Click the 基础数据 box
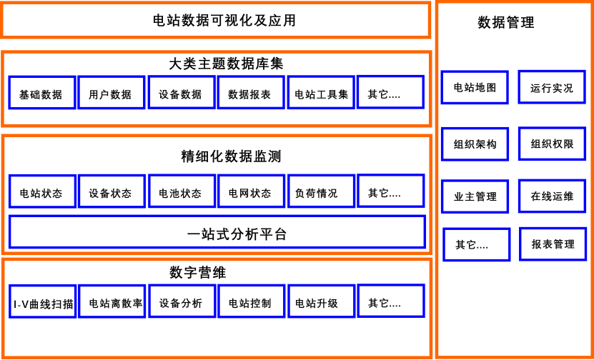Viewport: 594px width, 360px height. (x=42, y=93)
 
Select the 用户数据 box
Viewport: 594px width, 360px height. (x=112, y=93)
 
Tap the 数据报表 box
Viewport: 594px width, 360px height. (x=251, y=93)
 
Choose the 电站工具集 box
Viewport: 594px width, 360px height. (x=321, y=93)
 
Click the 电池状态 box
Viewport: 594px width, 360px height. (x=182, y=191)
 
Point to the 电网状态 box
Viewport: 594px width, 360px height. (x=251, y=191)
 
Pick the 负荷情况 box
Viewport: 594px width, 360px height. (x=321, y=191)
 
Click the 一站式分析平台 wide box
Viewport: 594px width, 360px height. (x=217, y=232)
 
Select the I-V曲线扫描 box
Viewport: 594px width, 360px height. (x=42, y=301)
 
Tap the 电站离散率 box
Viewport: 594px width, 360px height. (x=112, y=301)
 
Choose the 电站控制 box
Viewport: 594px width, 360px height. (x=251, y=301)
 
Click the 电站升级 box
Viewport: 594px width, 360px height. (x=321, y=301)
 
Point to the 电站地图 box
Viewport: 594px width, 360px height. (x=475, y=87)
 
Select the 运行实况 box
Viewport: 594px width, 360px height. (x=552, y=87)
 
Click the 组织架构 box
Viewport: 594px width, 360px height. (x=475, y=144)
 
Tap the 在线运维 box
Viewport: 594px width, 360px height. (x=552, y=196)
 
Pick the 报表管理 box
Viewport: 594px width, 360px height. (x=553, y=244)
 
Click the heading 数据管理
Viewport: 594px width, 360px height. (x=506, y=22)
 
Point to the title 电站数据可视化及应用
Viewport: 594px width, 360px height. (x=224, y=21)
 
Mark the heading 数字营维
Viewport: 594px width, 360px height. (x=198, y=273)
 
